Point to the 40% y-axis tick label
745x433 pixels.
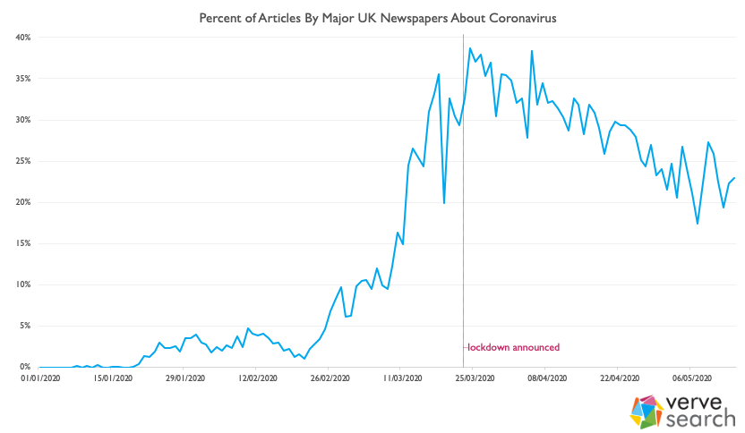coord(23,38)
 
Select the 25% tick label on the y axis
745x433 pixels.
coord(23,161)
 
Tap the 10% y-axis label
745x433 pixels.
coord(23,284)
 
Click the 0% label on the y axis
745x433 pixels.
coord(25,367)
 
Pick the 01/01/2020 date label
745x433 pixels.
coord(39,378)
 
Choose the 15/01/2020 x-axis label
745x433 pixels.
coord(111,378)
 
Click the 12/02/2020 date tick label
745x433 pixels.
coord(255,378)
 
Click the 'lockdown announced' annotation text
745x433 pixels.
coord(514,347)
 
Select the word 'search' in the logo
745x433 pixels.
coord(699,419)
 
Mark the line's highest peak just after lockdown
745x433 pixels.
coord(469,48)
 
